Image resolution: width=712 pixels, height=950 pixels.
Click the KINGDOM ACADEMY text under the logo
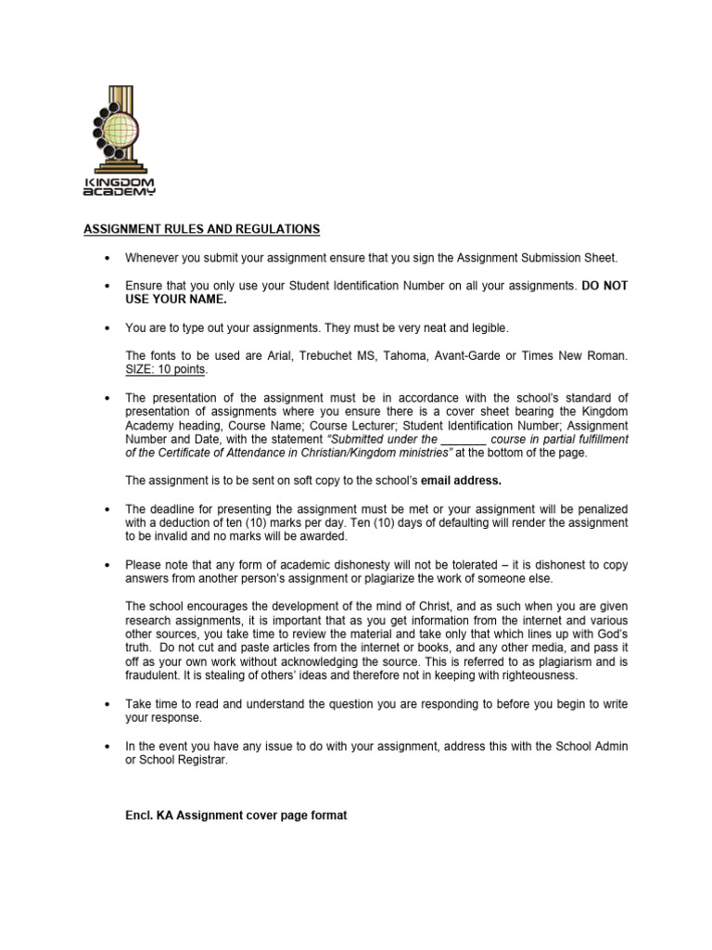[x=120, y=186]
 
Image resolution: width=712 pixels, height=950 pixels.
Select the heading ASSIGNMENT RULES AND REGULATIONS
[x=202, y=228]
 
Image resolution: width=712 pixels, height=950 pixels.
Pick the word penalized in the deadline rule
[x=595, y=509]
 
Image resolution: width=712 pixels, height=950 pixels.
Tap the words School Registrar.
[x=184, y=761]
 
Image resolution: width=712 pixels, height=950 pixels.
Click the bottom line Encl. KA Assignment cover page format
[x=236, y=815]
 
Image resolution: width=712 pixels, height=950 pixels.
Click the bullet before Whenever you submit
[x=108, y=258]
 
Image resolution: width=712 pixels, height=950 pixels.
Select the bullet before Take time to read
[x=108, y=705]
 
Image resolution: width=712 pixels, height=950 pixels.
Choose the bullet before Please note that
[x=108, y=565]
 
